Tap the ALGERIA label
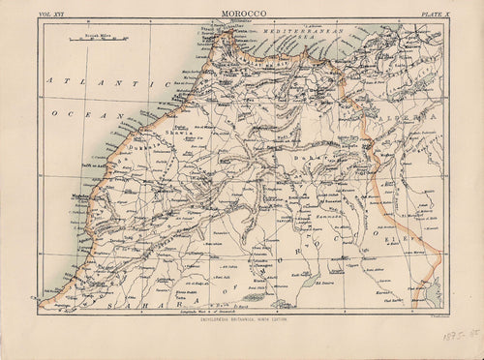coord(407,121)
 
